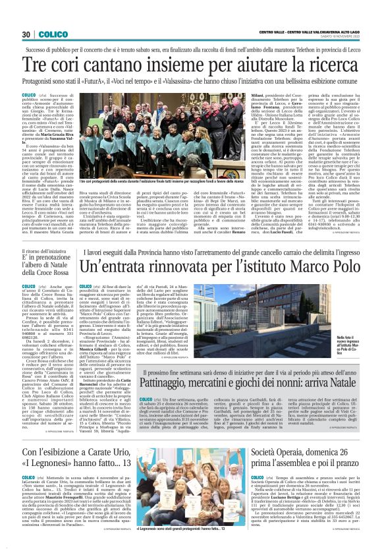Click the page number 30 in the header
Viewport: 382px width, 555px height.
click(x=26, y=34)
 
